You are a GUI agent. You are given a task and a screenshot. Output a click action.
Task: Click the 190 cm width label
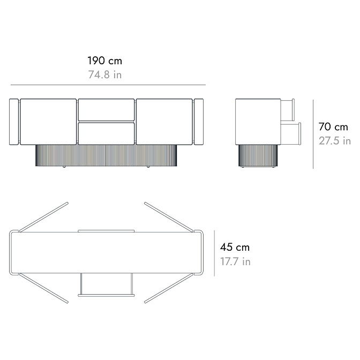[104, 61]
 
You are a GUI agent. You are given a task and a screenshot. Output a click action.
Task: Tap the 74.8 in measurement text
[105, 75]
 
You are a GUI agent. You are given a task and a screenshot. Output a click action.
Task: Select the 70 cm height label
[333, 127]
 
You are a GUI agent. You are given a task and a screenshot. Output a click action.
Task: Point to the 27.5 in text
[334, 141]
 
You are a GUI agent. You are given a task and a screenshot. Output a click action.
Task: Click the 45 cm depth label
[235, 247]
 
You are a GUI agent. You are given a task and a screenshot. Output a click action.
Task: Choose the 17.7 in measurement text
[235, 261]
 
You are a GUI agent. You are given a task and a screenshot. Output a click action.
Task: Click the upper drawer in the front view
[106, 110]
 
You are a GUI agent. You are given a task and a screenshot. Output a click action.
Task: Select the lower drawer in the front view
[106, 133]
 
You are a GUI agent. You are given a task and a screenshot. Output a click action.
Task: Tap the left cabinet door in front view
[48, 122]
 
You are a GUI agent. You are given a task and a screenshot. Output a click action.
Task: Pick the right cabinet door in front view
[164, 122]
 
